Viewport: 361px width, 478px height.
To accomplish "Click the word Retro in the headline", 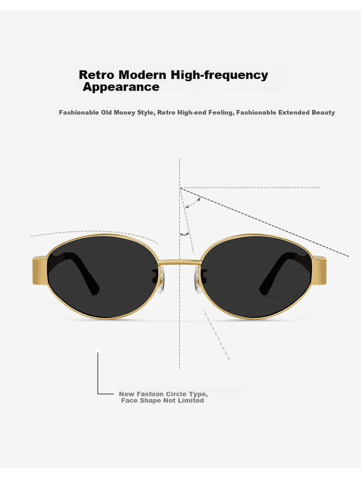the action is pyautogui.click(x=97, y=75).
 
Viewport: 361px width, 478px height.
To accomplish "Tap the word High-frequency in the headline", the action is pyautogui.click(x=219, y=75).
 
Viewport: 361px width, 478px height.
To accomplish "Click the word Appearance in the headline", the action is pyautogui.click(x=121, y=87).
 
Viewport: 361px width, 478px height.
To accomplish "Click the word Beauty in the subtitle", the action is pyautogui.click(x=323, y=112).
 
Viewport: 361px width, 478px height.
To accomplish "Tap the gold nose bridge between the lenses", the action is pyautogui.click(x=180, y=261).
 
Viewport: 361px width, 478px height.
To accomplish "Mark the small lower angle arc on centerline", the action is pyautogui.click(x=184, y=234).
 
